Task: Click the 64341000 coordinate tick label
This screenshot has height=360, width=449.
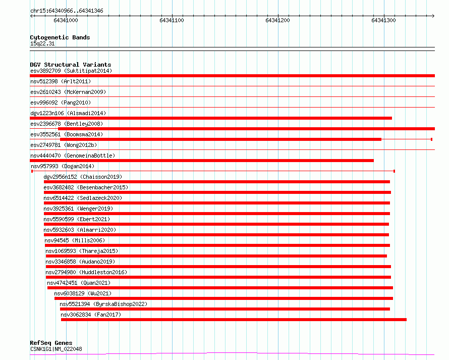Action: tap(66, 20)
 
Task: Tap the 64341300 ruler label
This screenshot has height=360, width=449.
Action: tap(383, 20)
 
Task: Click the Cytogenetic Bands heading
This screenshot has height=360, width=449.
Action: tap(60, 37)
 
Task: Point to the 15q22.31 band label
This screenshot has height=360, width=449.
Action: tap(42, 43)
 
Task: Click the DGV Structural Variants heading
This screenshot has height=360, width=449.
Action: tap(71, 65)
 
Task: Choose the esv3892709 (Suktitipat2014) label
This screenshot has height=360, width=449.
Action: tap(71, 71)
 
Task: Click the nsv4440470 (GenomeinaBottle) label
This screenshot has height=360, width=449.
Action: tap(73, 156)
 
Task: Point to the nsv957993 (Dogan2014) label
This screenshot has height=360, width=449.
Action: tap(63, 166)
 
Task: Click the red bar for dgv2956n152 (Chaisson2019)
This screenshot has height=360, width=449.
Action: tap(217, 182)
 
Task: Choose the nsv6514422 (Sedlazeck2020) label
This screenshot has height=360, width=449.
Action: tap(83, 198)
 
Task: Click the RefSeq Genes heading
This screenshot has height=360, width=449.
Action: tap(51, 343)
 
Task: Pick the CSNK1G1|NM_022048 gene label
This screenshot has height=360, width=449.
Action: tap(56, 349)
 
